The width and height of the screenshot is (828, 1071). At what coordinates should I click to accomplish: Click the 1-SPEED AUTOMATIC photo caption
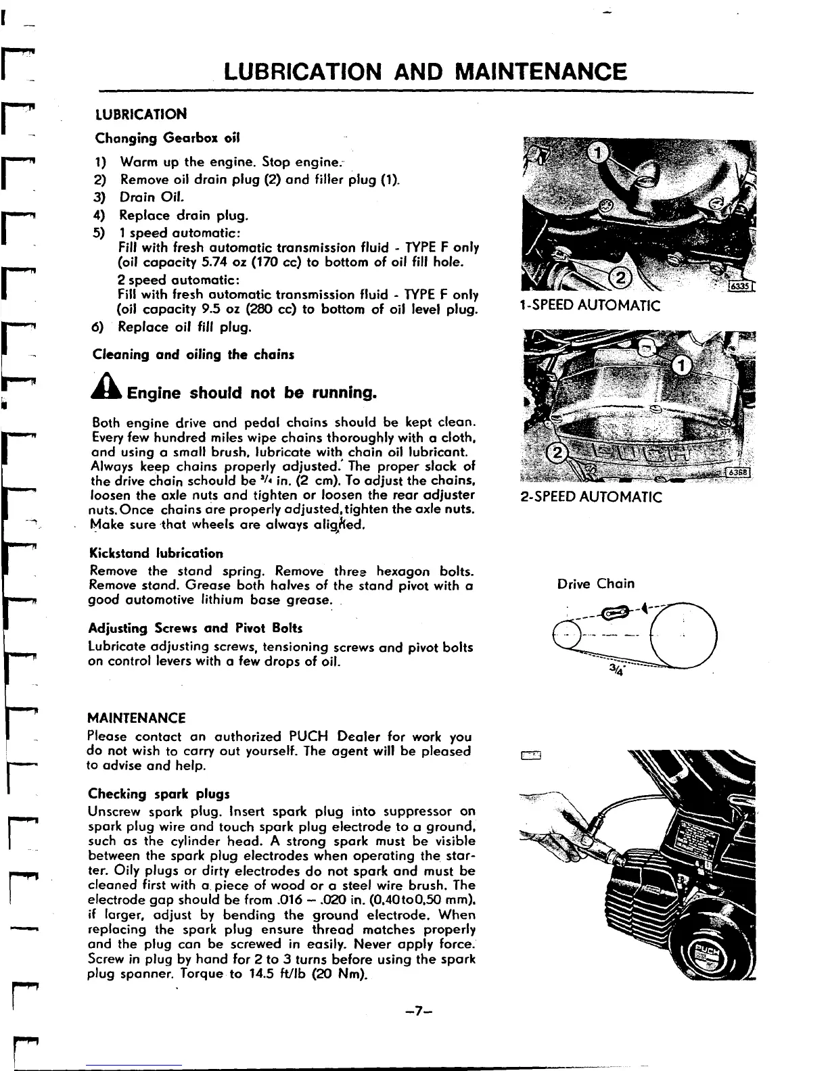[x=589, y=306]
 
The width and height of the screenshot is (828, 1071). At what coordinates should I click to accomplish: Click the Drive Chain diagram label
[x=596, y=584]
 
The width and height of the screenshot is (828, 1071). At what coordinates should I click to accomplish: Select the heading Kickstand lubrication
[x=156, y=554]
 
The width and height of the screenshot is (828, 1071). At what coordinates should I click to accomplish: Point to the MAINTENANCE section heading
[x=137, y=717]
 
